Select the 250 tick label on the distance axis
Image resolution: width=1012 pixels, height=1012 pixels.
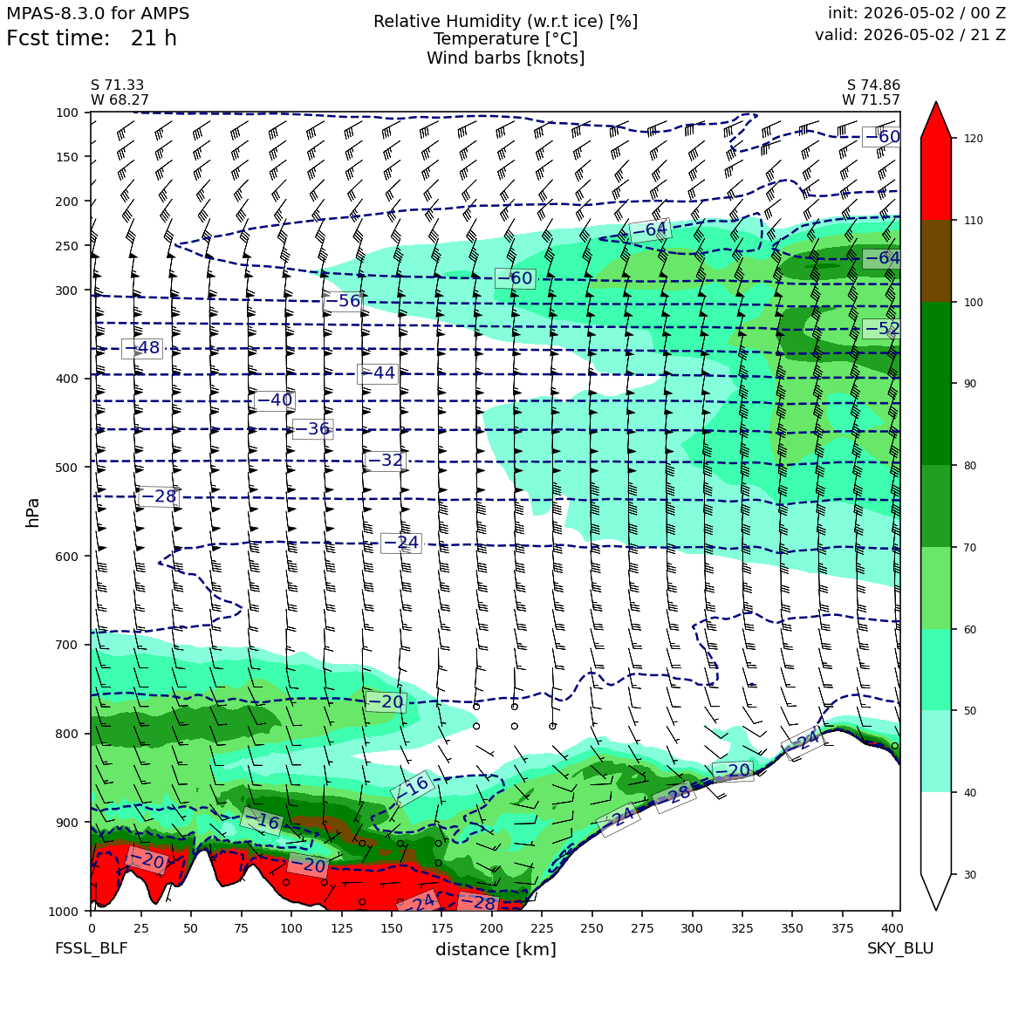point(591,928)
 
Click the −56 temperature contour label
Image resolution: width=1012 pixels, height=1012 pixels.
point(342,301)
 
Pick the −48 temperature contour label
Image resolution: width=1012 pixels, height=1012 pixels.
point(142,348)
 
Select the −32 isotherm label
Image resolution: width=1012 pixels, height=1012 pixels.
point(385,460)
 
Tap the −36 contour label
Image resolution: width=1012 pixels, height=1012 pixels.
point(312,428)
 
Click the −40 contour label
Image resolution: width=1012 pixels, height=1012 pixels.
point(275,400)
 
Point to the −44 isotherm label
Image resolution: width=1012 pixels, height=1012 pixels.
point(378,373)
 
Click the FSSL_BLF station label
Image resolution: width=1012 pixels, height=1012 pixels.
point(91,948)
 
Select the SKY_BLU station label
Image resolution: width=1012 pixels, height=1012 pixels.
point(899,948)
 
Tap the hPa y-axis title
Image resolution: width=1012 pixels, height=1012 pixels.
point(33,512)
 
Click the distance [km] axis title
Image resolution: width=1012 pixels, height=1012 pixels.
point(496,949)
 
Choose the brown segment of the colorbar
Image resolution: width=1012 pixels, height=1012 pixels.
point(936,262)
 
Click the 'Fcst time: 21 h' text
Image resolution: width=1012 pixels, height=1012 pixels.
point(92,38)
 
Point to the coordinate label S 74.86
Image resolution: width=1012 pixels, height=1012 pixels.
point(873,85)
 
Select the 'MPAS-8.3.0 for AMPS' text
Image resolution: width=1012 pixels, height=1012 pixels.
point(98,14)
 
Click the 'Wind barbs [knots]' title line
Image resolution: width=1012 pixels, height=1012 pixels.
point(505,58)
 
